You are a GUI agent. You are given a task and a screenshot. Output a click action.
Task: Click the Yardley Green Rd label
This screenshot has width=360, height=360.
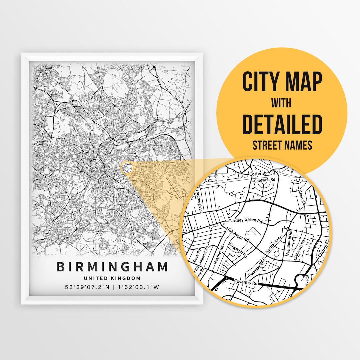246,221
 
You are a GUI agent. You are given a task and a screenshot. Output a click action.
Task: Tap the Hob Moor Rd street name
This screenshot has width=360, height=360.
238,234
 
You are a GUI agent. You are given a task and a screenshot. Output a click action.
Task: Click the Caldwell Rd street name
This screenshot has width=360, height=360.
265,180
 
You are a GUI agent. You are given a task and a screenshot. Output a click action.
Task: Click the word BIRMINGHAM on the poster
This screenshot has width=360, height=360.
112,267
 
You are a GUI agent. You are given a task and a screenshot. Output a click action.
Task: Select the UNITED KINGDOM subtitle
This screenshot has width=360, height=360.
112,278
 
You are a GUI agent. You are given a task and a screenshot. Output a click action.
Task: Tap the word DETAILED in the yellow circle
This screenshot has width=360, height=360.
282,124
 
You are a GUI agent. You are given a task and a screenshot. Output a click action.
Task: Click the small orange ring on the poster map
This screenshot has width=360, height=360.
127,168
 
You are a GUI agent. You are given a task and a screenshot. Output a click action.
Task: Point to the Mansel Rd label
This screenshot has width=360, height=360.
204,258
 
